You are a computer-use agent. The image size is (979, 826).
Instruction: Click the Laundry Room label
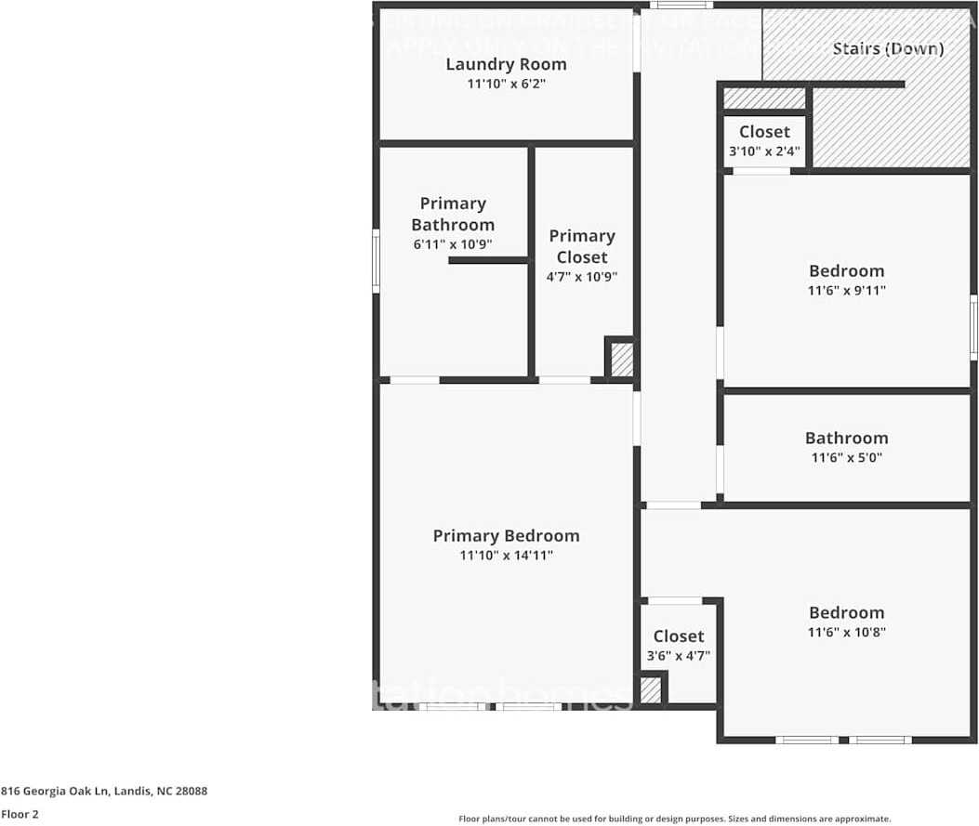506,64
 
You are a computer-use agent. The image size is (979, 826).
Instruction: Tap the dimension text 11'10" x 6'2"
506,84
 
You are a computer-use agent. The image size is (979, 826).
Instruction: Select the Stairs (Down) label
888,48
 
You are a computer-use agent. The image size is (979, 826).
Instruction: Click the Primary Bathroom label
453,214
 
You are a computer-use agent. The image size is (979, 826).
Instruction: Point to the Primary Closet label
581,246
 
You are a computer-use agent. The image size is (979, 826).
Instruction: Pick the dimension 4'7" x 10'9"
581,276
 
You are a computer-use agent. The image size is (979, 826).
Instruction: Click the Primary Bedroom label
506,535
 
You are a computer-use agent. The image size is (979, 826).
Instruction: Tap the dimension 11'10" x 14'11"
506,556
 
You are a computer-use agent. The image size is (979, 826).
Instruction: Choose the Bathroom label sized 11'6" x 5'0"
846,438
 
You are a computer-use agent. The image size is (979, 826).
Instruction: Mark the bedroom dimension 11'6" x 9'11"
846,291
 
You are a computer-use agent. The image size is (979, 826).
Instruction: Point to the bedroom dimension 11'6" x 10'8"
846,632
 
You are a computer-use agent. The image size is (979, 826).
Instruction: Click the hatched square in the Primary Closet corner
622,360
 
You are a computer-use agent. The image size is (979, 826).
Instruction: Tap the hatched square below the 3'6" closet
651,690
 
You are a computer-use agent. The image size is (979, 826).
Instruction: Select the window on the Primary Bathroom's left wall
376,260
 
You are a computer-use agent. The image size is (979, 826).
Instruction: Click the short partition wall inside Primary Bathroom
488,260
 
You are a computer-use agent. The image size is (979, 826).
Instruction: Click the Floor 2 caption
20,814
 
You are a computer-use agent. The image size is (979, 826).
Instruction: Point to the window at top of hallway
674,5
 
